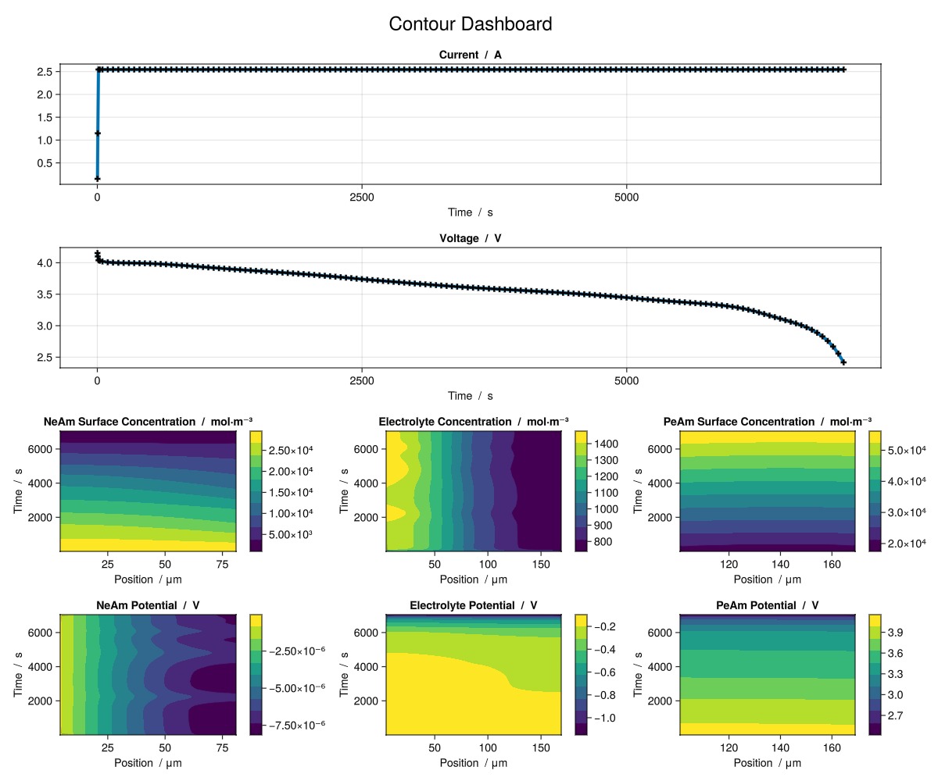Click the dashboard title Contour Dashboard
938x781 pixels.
(x=470, y=24)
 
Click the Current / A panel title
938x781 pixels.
(x=470, y=55)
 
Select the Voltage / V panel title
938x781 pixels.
(x=470, y=238)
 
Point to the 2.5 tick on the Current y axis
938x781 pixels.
(x=44, y=72)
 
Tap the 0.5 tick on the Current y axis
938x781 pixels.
(x=44, y=163)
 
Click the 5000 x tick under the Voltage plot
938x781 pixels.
(x=626, y=381)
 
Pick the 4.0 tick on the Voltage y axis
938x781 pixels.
(x=44, y=263)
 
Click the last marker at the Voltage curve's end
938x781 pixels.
(x=843, y=362)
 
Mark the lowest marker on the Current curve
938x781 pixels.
(x=98, y=179)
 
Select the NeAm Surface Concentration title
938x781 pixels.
(x=148, y=422)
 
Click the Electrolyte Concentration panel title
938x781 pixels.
(x=473, y=422)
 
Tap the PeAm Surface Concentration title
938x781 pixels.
(x=767, y=422)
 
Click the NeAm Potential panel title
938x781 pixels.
(x=148, y=605)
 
